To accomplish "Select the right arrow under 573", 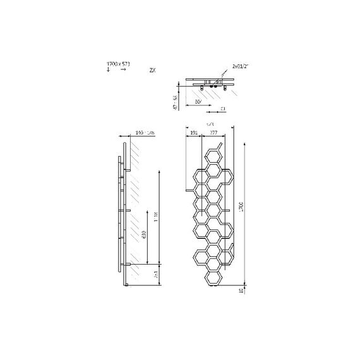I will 123,70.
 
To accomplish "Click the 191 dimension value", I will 194,133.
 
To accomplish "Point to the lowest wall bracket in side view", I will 129,265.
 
